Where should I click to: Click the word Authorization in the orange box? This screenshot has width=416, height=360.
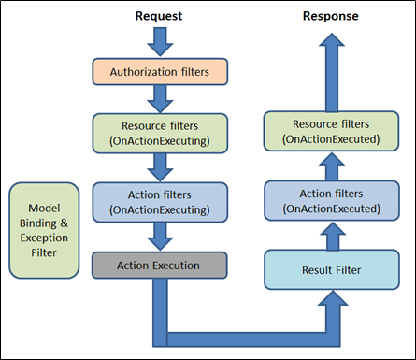(140, 70)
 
